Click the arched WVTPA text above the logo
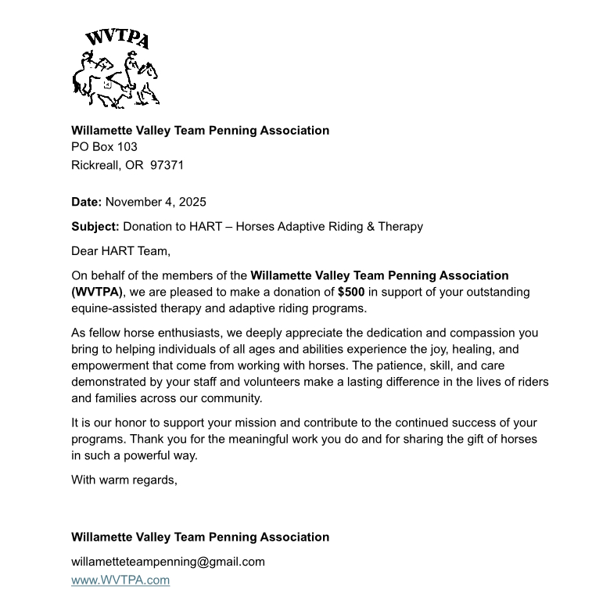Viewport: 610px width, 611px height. point(117,38)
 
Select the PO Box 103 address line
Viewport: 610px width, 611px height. point(104,146)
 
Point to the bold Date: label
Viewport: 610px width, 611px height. point(86,202)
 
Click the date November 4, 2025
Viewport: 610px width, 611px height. point(156,202)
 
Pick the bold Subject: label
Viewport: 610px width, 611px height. point(95,226)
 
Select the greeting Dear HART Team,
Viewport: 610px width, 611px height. point(120,251)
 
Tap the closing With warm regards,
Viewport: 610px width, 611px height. point(124,480)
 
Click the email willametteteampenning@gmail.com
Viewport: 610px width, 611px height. point(168,561)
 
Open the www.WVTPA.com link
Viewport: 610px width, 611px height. point(120,580)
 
